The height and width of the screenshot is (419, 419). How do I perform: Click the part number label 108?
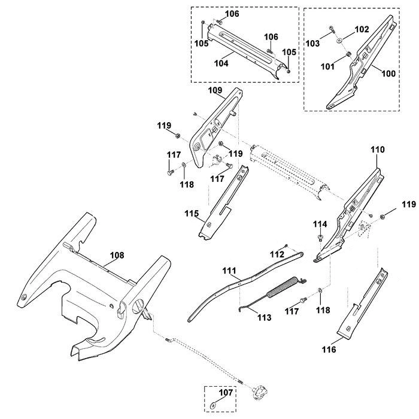pos(117,255)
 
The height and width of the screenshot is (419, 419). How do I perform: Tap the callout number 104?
pos(221,63)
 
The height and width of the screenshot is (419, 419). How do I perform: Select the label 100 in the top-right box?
pos(388,73)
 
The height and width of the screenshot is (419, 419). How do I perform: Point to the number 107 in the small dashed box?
pos(226,393)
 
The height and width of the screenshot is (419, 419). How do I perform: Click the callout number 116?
pos(329,349)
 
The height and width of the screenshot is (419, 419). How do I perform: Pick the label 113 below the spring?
pos(265,317)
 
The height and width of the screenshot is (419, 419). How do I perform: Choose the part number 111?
pos(229,271)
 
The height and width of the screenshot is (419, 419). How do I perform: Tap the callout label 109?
pos(215,90)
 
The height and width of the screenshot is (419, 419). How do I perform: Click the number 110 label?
pos(377,150)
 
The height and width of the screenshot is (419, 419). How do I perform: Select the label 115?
pos(192,214)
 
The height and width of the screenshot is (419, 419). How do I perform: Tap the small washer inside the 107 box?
pos(213,406)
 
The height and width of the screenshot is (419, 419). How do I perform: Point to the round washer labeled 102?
pos(339,41)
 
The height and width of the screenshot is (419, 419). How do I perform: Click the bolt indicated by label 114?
pos(320,237)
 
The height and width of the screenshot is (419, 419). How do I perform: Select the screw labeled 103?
pos(332,29)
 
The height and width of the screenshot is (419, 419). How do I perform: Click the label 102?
pos(362,29)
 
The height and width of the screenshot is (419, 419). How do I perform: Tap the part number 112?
pos(277,254)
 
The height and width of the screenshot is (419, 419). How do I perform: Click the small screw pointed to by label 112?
pos(286,245)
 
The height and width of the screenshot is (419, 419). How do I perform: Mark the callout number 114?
pos(320,224)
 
